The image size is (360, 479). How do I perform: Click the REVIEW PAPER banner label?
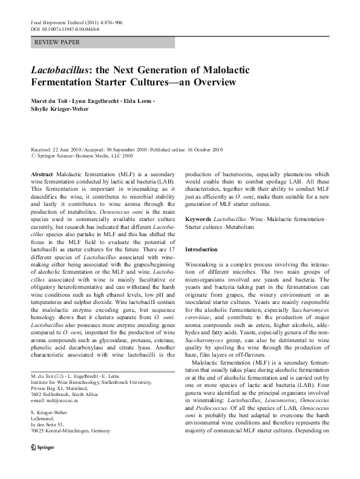pos(58,42)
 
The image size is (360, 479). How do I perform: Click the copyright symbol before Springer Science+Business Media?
pos(33,156)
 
